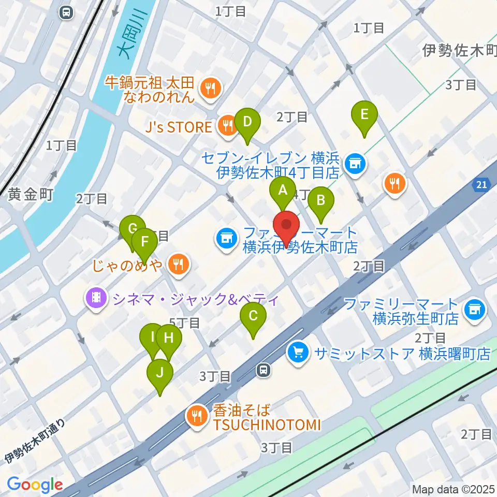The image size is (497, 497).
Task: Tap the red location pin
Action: pyautogui.click(x=286, y=228)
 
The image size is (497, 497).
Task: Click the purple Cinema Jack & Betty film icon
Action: pyautogui.click(x=96, y=298)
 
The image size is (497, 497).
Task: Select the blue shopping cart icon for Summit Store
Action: pyautogui.click(x=298, y=354)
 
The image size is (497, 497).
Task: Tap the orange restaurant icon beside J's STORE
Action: pyautogui.click(x=226, y=125)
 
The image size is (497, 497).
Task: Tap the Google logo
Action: pyautogui.click(x=35, y=485)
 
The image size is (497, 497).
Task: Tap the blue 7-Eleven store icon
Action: pyautogui.click(x=355, y=164)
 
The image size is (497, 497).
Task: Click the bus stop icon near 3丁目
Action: pyautogui.click(x=264, y=370)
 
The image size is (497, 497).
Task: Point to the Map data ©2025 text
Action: pyautogui.click(x=452, y=489)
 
